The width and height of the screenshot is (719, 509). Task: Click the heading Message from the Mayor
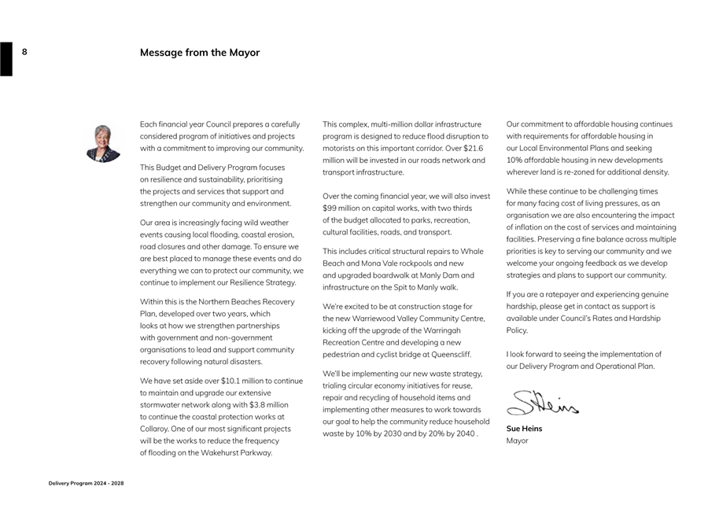(x=200, y=53)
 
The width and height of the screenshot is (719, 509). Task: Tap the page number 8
(x=24, y=52)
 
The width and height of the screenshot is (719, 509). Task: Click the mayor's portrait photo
(x=104, y=143)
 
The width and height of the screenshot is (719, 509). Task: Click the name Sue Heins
(x=524, y=429)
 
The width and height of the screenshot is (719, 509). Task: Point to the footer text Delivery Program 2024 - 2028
(x=86, y=483)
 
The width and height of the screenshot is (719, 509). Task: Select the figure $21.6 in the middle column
(x=473, y=148)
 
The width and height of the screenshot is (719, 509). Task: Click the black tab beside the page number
(x=6, y=59)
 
